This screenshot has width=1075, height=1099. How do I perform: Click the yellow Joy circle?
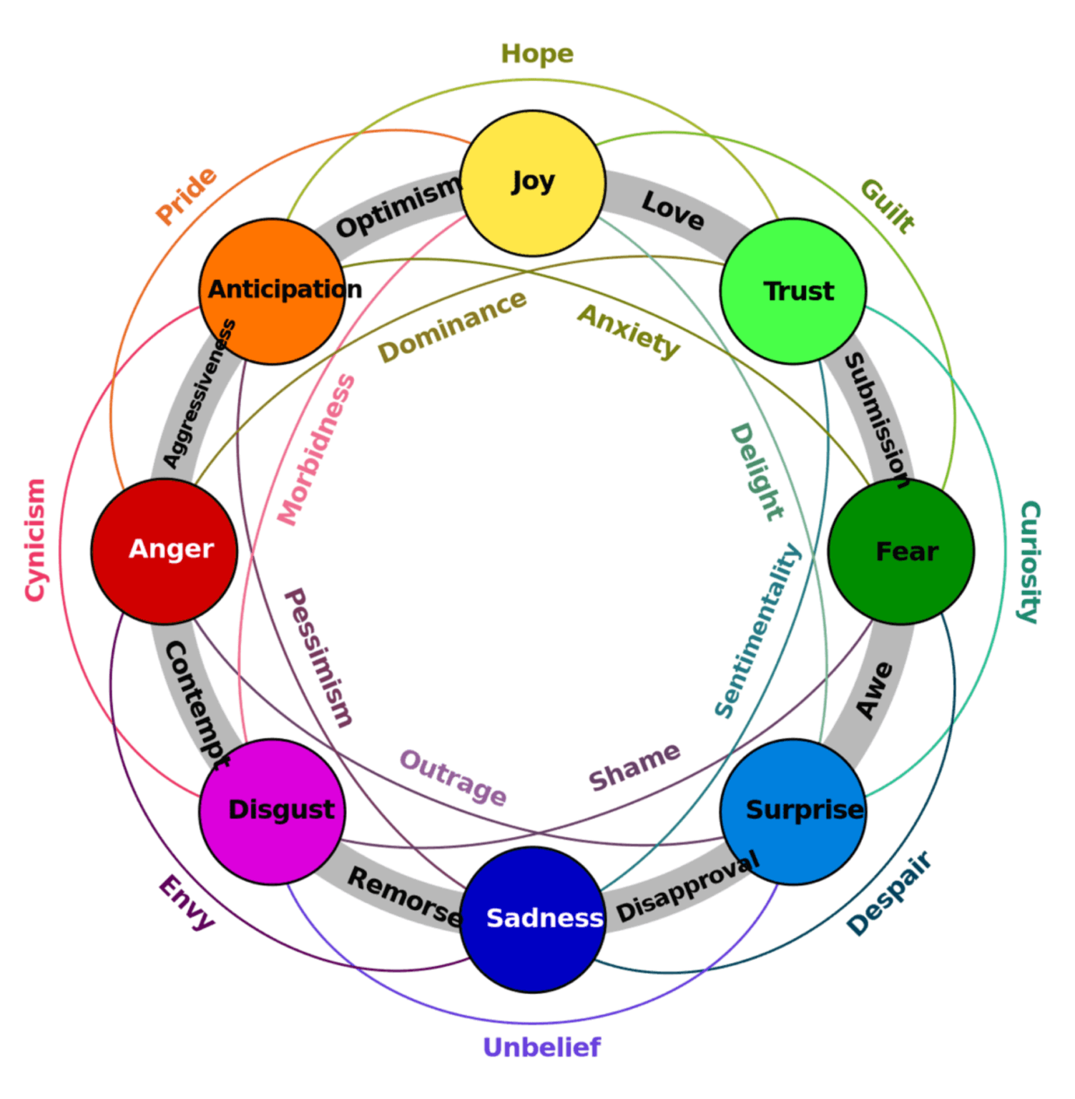(x=533, y=183)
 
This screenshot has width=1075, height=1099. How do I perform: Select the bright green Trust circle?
(x=793, y=291)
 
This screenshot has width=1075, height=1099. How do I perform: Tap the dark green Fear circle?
(x=901, y=552)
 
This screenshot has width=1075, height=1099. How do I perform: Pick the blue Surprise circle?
(x=793, y=811)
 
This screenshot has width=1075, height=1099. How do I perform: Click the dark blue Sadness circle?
(x=533, y=919)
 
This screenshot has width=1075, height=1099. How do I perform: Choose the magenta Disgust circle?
(x=273, y=811)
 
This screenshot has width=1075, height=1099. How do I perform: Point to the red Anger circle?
(x=165, y=552)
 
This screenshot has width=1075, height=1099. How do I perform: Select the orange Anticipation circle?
(x=273, y=291)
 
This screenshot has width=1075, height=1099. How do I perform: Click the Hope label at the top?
(x=537, y=54)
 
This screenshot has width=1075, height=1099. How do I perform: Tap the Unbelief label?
(x=541, y=1047)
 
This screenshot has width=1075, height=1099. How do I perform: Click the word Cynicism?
(x=35, y=540)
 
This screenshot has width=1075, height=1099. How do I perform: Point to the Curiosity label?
(x=1029, y=562)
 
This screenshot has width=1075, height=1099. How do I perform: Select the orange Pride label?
(x=186, y=195)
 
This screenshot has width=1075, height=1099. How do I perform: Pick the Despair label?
(x=889, y=892)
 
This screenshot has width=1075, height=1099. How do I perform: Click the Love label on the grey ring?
(x=672, y=210)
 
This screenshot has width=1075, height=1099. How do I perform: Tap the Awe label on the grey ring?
(x=875, y=690)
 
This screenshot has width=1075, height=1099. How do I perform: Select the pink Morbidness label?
(x=316, y=449)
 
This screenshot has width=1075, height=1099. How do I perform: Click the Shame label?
(x=634, y=766)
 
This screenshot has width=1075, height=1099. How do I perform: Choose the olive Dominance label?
(x=452, y=326)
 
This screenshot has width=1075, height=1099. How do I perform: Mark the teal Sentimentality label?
(x=757, y=630)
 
